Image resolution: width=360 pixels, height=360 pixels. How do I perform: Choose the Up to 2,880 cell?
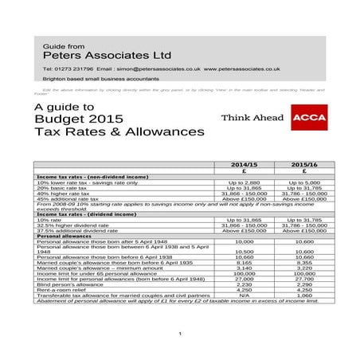238,182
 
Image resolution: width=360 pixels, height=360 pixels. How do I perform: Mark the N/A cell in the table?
238,296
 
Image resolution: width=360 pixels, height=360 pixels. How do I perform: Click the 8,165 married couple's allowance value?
238,262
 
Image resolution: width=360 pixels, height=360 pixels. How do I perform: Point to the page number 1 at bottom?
181,333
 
